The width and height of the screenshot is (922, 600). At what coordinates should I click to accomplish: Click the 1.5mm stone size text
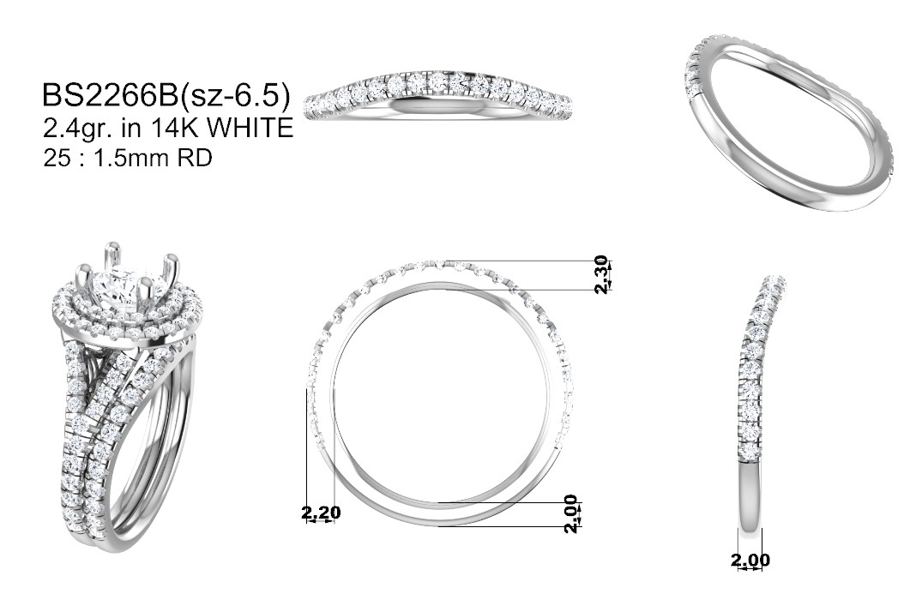click(x=130, y=158)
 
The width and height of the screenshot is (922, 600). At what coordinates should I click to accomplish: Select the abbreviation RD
click(x=195, y=158)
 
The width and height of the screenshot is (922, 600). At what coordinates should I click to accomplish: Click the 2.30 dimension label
click(x=600, y=274)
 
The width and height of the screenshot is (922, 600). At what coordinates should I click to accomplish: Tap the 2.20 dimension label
click(x=321, y=513)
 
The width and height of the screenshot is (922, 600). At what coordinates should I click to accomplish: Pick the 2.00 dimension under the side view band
click(x=750, y=560)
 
